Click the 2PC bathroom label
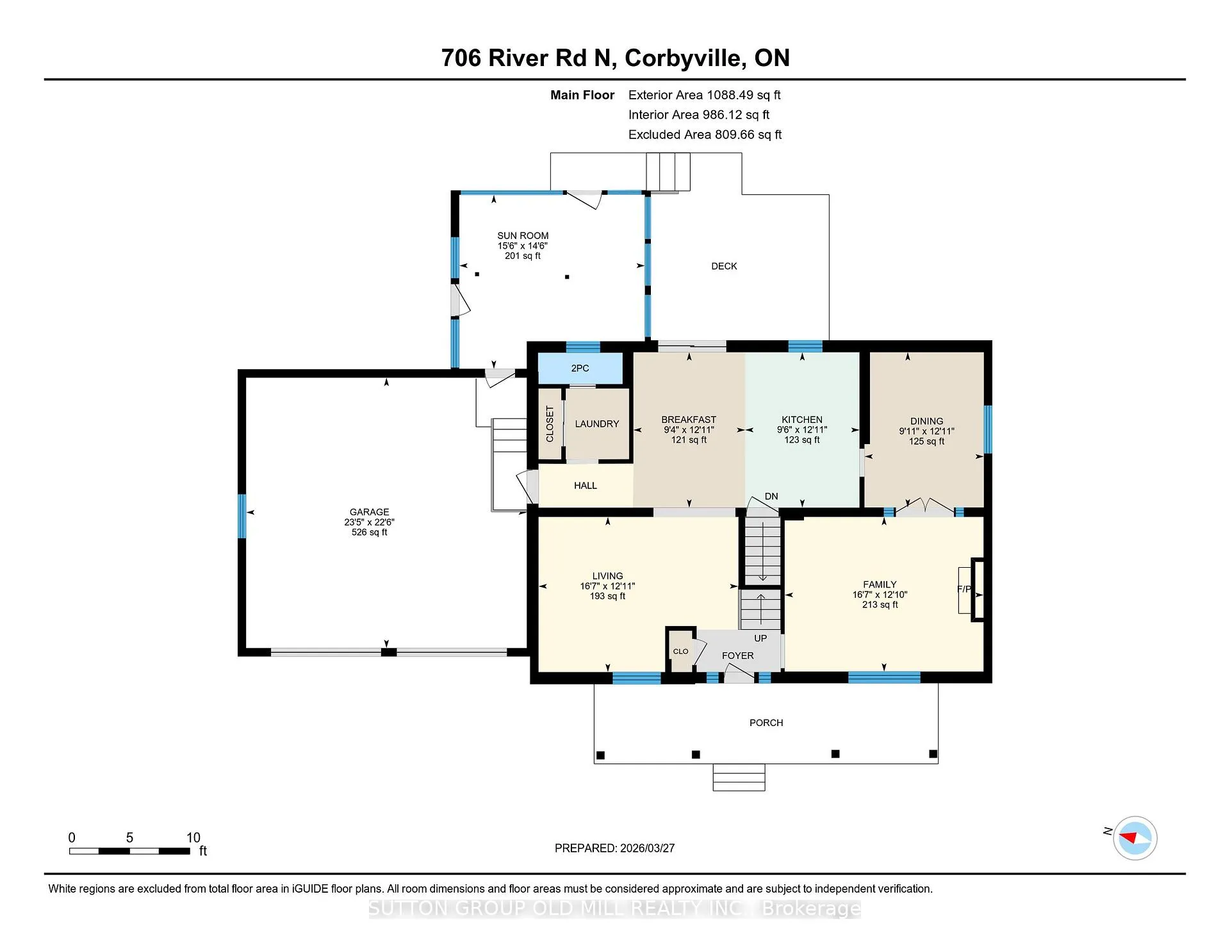pyautogui.click(x=580, y=368)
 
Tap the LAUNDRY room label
pyautogui.click(x=597, y=424)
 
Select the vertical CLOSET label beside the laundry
pyautogui.click(x=550, y=424)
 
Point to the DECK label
pyautogui.click(x=724, y=266)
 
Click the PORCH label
pyautogui.click(x=766, y=722)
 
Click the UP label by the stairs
pyautogui.click(x=760, y=638)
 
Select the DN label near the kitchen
pyautogui.click(x=771, y=496)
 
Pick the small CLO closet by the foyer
pyautogui.click(x=680, y=650)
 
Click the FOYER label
pyautogui.click(x=737, y=656)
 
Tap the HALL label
pyautogui.click(x=586, y=486)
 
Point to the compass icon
pyautogui.click(x=1135, y=838)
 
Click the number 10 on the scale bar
pyautogui.click(x=193, y=838)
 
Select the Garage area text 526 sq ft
pyautogui.click(x=370, y=532)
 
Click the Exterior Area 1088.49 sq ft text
pyautogui.click(x=704, y=95)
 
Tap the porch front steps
pyautogui.click(x=739, y=777)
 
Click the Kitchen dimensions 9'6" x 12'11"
pyautogui.click(x=802, y=429)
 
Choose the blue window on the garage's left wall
pyautogui.click(x=242, y=516)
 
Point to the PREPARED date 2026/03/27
pyautogui.click(x=647, y=848)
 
